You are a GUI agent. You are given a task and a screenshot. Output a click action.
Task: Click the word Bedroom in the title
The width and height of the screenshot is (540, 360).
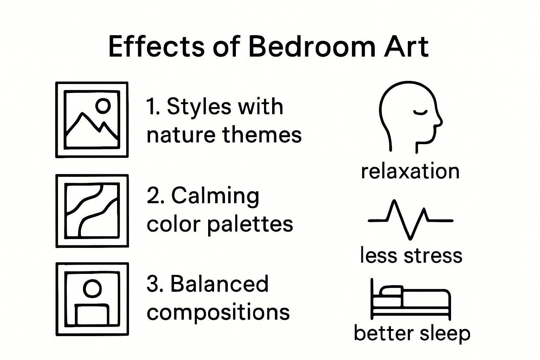[x=312, y=46]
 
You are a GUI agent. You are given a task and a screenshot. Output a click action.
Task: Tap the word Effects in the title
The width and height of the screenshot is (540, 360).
[x=157, y=46]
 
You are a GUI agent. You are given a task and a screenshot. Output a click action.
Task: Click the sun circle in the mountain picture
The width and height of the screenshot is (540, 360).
[x=103, y=105]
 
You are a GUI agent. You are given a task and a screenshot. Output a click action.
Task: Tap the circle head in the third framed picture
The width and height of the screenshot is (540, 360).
[x=92, y=288]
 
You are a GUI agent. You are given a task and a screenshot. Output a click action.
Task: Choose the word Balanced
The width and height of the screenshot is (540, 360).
[x=219, y=284]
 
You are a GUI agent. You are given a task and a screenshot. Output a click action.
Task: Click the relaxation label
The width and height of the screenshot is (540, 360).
[x=410, y=171]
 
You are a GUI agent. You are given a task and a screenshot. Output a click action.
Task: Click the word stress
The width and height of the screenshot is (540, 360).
[x=433, y=256]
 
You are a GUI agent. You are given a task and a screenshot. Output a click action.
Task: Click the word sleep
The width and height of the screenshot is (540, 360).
[x=445, y=334]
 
